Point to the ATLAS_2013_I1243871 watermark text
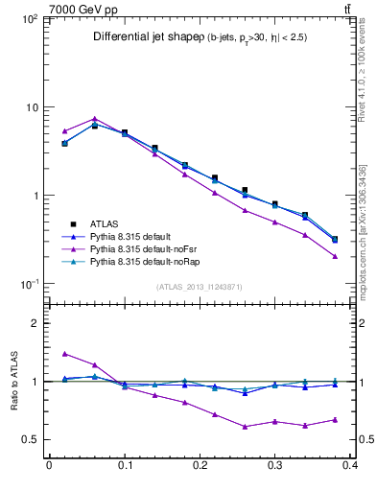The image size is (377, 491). pos(200,287)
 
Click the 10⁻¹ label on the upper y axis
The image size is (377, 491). pos(29,284)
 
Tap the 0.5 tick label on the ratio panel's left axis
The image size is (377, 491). pos(32,440)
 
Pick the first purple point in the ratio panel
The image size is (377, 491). pos(64,354)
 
